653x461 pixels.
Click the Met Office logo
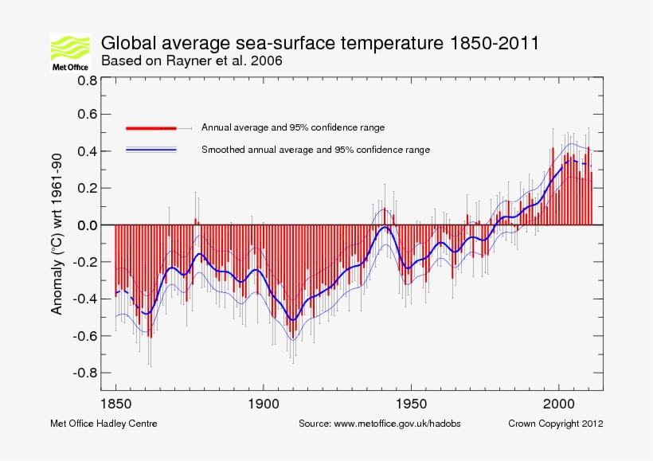point(69,53)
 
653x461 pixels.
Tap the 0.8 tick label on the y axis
point(87,80)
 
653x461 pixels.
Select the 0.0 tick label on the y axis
point(87,225)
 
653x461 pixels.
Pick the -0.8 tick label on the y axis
point(84,373)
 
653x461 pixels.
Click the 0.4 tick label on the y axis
point(87,151)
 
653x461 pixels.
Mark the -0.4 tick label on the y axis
point(84,299)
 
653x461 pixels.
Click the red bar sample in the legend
point(151,127)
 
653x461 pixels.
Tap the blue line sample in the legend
point(151,149)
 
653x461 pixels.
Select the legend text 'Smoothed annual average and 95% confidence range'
point(315,150)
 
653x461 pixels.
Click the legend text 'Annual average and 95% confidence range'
point(293,127)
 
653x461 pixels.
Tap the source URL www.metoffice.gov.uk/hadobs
point(380,424)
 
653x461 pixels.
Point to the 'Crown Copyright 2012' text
point(555,424)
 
